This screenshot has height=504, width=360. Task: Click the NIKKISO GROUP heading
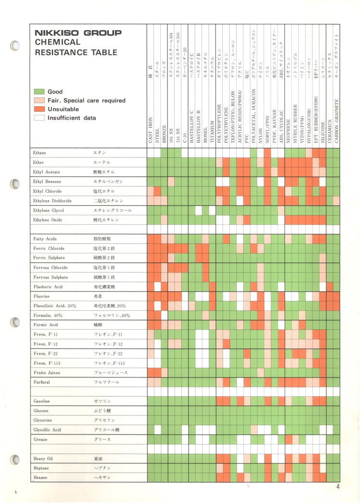pyautogui.click(x=78, y=34)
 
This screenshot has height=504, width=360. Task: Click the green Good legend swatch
pyautogui.click(x=39, y=92)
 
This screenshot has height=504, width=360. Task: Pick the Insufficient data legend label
pyautogui.click(x=72, y=118)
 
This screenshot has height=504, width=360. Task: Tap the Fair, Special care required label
pyautogui.click(x=86, y=100)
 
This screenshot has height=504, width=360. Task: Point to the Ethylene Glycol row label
pyautogui.click(x=49, y=210)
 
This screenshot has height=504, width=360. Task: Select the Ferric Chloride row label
pyautogui.click(x=49, y=248)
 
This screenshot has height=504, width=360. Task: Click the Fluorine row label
pyautogui.click(x=41, y=296)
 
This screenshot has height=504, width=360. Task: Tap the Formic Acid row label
pyautogui.click(x=46, y=325)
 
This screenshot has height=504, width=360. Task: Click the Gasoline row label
pyautogui.click(x=42, y=401)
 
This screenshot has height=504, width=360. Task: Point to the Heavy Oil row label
pyautogui.click(x=43, y=459)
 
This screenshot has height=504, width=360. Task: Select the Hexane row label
pyautogui.click(x=41, y=478)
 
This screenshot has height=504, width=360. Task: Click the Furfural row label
pyautogui.click(x=42, y=382)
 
